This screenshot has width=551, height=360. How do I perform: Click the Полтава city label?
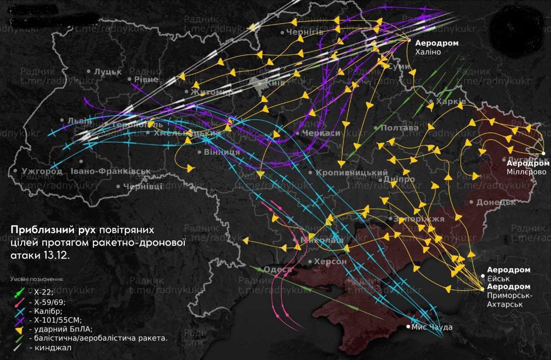click(399, 128)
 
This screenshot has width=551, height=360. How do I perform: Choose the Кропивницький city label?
click(352, 172)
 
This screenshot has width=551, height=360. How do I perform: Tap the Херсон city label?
click(330, 262)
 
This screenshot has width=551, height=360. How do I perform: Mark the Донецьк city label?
click(495, 202)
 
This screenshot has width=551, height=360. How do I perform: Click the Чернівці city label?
click(142, 186)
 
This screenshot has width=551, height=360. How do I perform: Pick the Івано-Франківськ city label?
click(111, 171)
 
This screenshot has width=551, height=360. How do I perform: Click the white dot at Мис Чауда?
click(408, 327)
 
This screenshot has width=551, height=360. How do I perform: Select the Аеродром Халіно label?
click(436, 47)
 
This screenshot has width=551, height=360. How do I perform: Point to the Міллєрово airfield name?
click(526, 172)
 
